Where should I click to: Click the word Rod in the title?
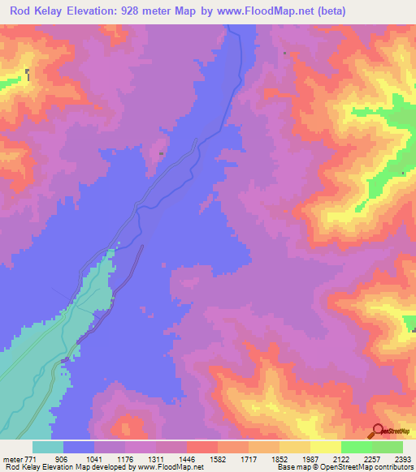click(22, 11)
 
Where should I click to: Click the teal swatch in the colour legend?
click(48, 447)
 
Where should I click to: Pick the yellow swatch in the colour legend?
click(325, 447)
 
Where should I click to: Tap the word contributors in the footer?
click(392, 468)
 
